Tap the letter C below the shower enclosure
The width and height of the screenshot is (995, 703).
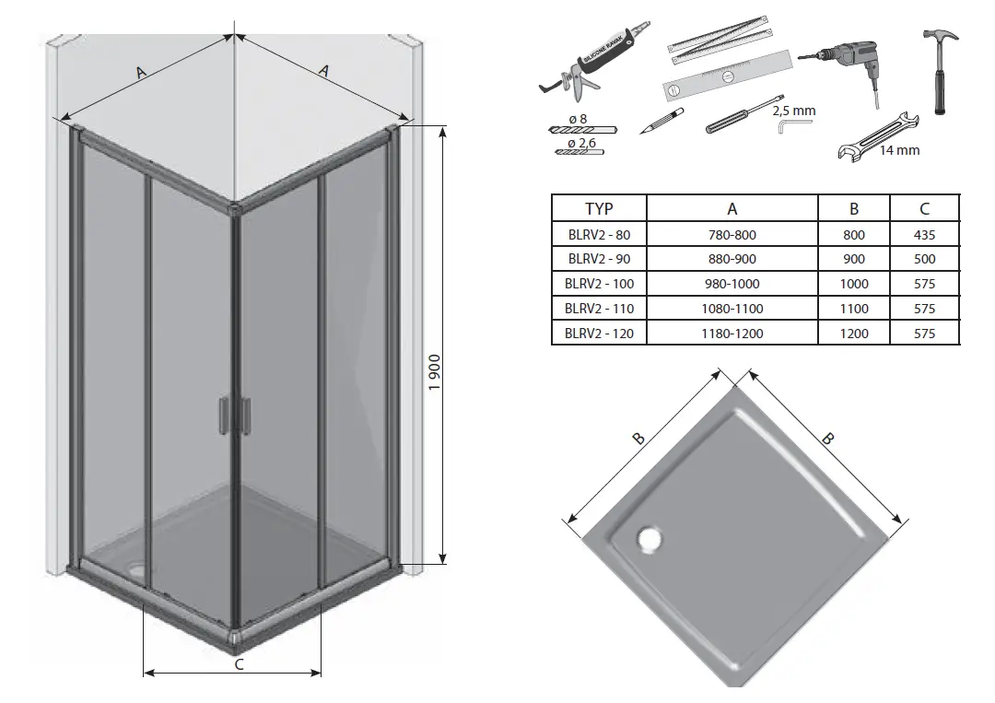tap(239, 664)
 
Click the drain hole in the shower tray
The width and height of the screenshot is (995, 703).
tap(650, 538)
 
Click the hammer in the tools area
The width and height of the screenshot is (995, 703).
tap(940, 69)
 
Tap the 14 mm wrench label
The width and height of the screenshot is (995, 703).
tap(899, 150)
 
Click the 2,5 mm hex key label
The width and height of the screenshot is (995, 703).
tap(793, 111)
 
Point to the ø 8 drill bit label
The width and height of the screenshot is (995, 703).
tap(579, 119)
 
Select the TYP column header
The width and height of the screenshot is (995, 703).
tap(599, 209)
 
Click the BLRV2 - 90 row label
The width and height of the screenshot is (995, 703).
tap(599, 259)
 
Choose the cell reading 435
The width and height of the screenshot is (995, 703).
tap(924, 235)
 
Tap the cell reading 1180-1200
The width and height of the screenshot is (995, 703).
tap(732, 334)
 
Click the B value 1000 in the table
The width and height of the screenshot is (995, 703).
tap(854, 284)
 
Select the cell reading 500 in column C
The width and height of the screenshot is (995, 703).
tap(924, 259)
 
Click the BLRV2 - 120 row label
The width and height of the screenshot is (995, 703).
tap(599, 334)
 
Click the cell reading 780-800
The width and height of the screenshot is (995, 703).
tap(732, 235)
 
